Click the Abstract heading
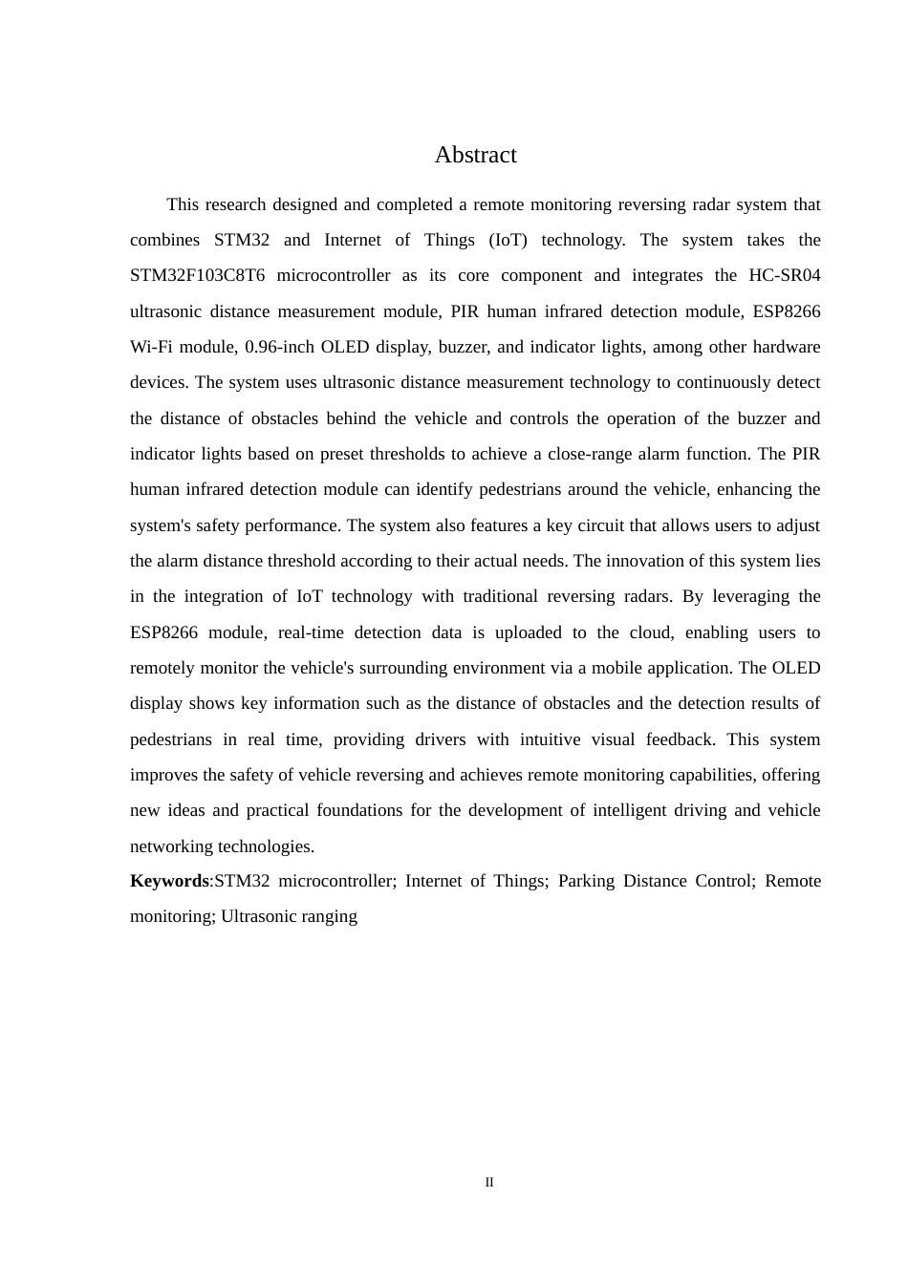[x=475, y=155]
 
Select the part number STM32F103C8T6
[x=197, y=276]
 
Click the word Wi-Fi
[x=149, y=347]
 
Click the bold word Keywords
[x=169, y=881]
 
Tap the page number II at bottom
[x=489, y=1183]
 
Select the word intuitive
[x=557, y=739]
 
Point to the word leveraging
[x=750, y=596]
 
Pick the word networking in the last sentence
[x=171, y=846]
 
